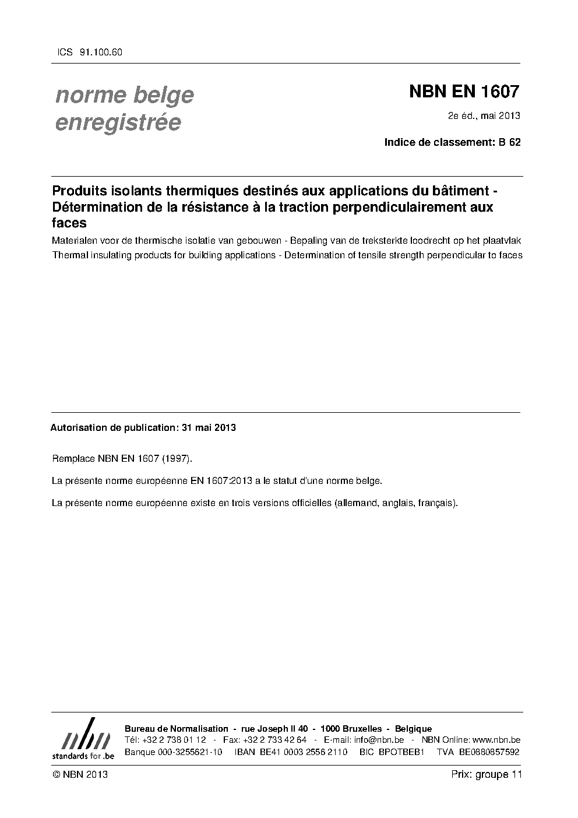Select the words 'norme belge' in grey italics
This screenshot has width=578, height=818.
(x=124, y=95)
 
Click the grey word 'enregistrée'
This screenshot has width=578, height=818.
(x=118, y=123)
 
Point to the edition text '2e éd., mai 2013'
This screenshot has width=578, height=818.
(x=484, y=115)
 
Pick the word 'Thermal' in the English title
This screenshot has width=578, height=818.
(x=68, y=255)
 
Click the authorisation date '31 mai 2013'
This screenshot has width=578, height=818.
(x=209, y=427)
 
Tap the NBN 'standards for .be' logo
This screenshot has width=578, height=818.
(x=83, y=739)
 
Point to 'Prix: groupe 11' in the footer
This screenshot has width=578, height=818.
(x=486, y=774)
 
